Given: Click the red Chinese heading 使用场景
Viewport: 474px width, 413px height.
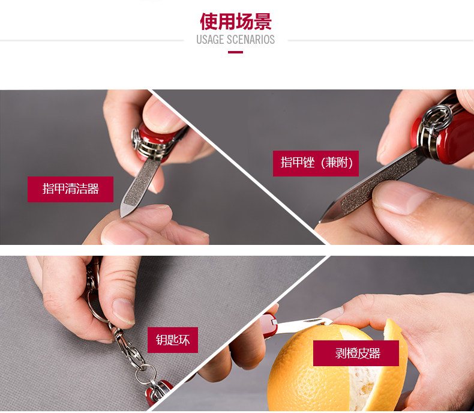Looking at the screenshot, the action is coord(235,22).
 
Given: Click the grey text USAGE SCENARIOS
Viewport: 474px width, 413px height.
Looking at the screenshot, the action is coord(235,40).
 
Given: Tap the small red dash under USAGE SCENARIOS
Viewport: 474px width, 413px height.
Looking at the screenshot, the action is coord(235,52).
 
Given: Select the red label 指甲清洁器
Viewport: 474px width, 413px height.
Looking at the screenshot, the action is coord(70,189).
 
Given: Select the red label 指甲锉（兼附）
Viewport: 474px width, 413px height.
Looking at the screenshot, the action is coord(316,163).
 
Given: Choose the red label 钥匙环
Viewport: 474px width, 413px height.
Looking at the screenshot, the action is coord(173,340).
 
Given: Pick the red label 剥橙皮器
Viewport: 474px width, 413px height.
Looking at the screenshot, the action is coord(356,353).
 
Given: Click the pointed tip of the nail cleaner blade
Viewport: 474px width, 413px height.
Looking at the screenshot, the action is coord(122,216).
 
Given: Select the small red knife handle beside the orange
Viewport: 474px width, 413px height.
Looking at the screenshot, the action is coord(268,325).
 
